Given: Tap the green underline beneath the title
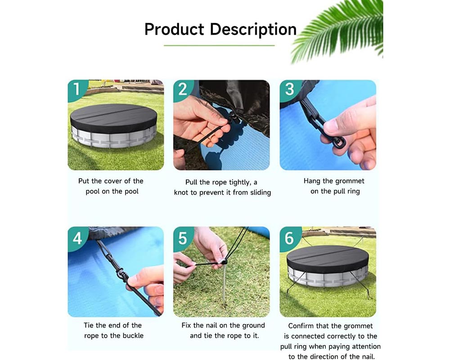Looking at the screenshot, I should (x=219, y=45).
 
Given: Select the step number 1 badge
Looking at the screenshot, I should (x=76, y=89).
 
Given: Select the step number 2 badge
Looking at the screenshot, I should (x=182, y=89).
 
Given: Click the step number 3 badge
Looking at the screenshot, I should (x=288, y=89).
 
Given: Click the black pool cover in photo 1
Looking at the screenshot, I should (x=113, y=117).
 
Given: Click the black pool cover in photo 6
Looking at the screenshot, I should (x=327, y=258).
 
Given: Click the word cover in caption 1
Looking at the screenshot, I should (x=114, y=181).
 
